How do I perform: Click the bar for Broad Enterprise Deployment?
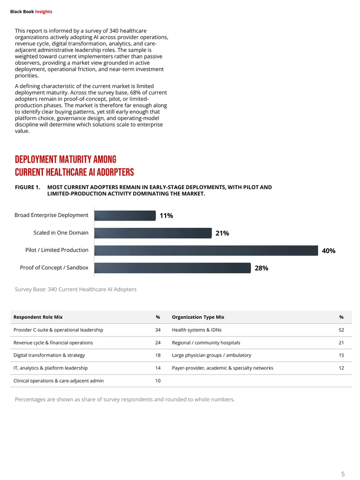click(x=125, y=216)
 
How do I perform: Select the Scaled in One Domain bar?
click(x=153, y=233)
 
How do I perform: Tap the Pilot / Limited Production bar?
click(x=206, y=250)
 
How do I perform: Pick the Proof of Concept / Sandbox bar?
click(x=172, y=268)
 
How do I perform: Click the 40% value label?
click(x=328, y=251)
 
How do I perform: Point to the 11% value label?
click(x=166, y=216)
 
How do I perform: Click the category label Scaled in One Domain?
click(x=61, y=233)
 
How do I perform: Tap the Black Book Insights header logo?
click(x=31, y=12)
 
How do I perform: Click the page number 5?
click(x=343, y=474)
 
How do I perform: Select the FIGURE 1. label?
click(x=27, y=187)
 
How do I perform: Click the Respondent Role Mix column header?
click(x=38, y=317)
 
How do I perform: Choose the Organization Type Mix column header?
click(x=198, y=317)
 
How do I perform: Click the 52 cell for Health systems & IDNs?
click(x=342, y=330)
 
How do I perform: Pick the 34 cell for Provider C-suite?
click(x=158, y=330)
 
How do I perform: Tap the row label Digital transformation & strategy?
click(x=49, y=355)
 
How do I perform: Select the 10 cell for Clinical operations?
click(x=158, y=381)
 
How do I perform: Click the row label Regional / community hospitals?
click(x=206, y=343)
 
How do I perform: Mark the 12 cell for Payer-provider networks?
click(x=342, y=368)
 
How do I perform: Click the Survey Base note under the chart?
click(x=76, y=289)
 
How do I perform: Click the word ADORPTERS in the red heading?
click(x=115, y=172)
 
